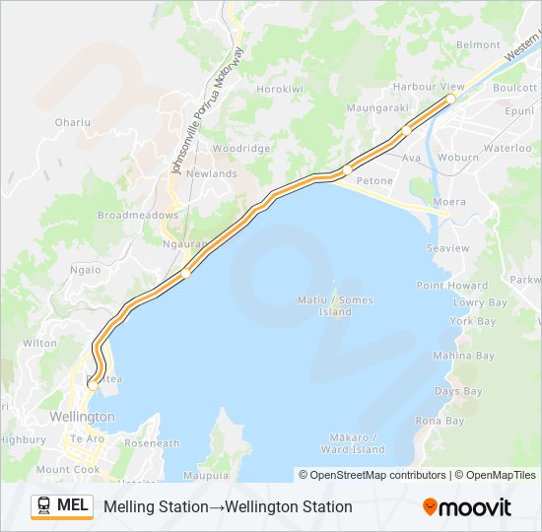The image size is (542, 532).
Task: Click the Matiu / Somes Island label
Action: (335, 305)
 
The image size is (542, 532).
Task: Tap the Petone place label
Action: (374, 180)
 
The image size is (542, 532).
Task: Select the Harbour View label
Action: (428, 87)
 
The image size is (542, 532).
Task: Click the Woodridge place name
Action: (241, 148)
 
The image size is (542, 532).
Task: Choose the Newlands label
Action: (212, 173)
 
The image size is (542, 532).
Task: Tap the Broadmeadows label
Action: (138, 215)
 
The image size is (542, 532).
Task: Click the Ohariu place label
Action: (73, 122)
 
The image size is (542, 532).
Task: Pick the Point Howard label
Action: (451, 286)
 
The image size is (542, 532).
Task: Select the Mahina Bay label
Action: (464, 356)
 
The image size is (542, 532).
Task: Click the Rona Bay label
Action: (440, 421)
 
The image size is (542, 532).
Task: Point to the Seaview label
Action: (449, 248)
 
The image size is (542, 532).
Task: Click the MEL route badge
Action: (62, 505)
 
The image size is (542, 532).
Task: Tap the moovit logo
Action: (467, 507)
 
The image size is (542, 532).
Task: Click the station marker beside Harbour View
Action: (450, 99)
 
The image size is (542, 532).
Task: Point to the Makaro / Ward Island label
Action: (353, 443)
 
